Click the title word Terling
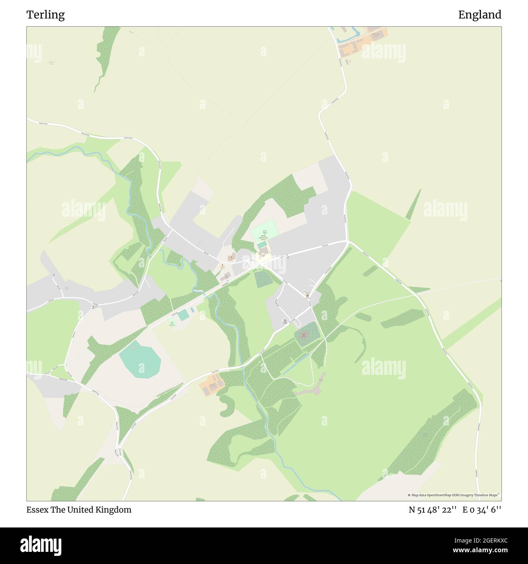click(x=45, y=15)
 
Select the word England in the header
click(x=480, y=15)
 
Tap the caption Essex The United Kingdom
click(x=79, y=510)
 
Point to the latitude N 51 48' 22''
click(x=433, y=510)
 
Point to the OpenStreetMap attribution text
click(x=455, y=495)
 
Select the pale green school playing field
click(x=264, y=230)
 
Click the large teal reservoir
click(x=140, y=359)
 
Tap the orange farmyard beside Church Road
click(x=212, y=386)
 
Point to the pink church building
click(x=303, y=336)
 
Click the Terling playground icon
click(x=171, y=322)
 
